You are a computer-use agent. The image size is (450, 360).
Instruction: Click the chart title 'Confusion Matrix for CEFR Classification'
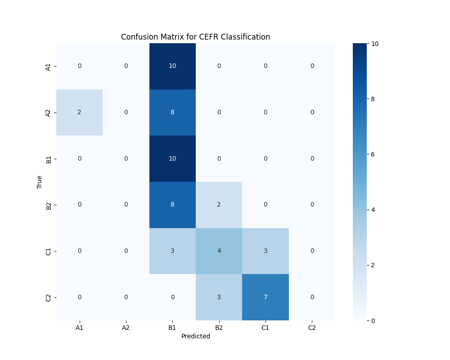(x=195, y=37)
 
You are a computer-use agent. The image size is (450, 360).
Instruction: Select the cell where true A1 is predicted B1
(x=172, y=66)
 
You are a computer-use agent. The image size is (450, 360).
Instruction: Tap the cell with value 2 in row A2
(x=79, y=112)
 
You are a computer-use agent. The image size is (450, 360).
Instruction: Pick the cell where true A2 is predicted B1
(x=172, y=112)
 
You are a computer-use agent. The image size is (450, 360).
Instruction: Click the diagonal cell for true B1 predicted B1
(x=172, y=158)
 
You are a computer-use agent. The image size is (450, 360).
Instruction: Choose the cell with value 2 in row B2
(x=219, y=205)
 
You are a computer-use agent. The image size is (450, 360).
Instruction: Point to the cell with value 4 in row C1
(x=219, y=251)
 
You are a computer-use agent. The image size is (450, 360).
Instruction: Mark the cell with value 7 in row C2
(x=265, y=297)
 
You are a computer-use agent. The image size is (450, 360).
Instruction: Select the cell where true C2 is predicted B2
(x=219, y=297)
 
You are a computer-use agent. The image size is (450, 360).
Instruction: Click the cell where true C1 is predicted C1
(x=265, y=251)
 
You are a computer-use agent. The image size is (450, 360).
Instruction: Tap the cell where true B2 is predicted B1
(x=172, y=205)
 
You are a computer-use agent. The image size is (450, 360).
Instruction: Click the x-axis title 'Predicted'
(x=195, y=336)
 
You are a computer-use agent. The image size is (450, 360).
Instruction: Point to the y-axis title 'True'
(x=40, y=182)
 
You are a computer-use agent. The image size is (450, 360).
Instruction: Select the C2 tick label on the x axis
(x=312, y=328)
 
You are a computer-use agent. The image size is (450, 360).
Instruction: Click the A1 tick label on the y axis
(x=48, y=67)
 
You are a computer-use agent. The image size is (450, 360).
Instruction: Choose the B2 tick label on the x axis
(x=219, y=328)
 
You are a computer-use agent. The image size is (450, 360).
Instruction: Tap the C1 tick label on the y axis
(x=48, y=251)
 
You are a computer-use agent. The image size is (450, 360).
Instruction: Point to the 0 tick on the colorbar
(x=373, y=320)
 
